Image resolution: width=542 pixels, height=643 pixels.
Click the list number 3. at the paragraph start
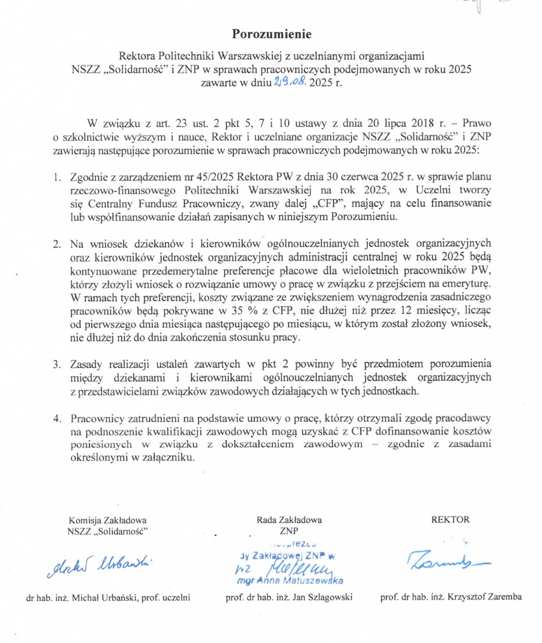point(58,365)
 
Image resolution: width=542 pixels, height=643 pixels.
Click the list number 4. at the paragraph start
point(58,418)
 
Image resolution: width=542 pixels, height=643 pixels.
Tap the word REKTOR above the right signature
point(449,520)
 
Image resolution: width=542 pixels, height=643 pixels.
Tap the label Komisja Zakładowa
point(108,520)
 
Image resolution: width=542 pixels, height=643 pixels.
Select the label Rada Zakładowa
point(289,520)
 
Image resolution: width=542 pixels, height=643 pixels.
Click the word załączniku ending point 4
point(165,457)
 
